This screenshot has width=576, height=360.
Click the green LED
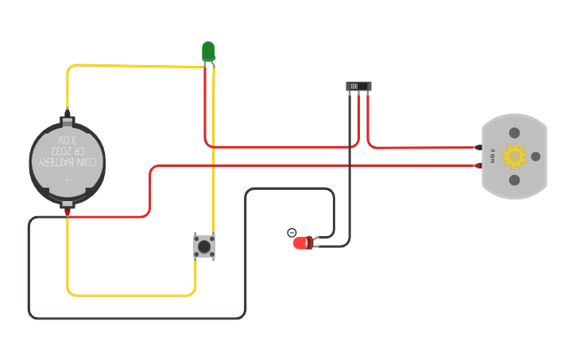(208, 52)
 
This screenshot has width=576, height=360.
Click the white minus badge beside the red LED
(292, 233)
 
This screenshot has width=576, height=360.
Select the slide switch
(358, 86)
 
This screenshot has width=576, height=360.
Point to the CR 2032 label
(68, 150)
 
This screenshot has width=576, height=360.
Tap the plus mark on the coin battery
(68, 180)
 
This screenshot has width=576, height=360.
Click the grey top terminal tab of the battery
(68, 121)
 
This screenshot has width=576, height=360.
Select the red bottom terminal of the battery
(68, 211)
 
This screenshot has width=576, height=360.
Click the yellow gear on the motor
(514, 157)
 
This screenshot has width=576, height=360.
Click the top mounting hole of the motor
(514, 133)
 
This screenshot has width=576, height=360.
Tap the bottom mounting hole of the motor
(514, 180)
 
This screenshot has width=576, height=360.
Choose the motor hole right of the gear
(535, 157)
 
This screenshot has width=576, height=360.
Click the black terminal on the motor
(477, 148)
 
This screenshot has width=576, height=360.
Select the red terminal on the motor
(477, 165)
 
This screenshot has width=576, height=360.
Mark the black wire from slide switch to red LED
(350, 175)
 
